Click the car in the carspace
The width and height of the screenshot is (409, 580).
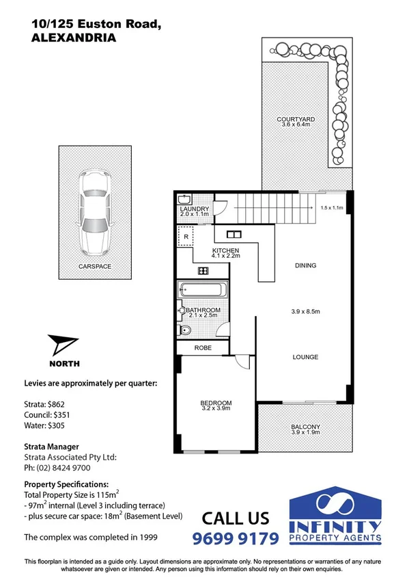[94, 211]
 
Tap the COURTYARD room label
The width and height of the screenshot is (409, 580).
[295, 120]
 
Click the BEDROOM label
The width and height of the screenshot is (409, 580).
[216, 403]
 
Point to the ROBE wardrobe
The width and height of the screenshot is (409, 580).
[203, 348]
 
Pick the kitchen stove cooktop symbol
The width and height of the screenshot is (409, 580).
[203, 271]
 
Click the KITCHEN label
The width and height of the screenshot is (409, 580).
[225, 251]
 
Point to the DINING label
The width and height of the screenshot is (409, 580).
[305, 265]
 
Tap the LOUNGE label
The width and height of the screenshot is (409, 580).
[305, 357]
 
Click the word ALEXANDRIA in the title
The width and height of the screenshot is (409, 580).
[74, 38]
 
